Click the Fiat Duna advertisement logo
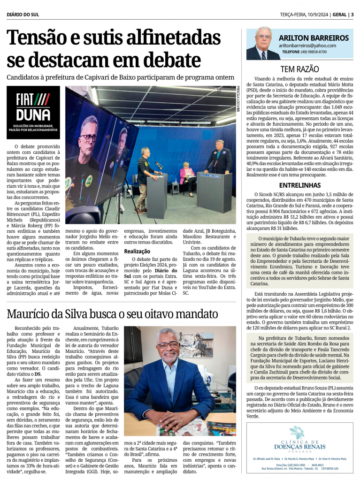[33, 111]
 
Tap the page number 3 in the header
[352, 14]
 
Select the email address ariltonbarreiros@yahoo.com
[307, 46]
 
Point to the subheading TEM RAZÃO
[299, 69]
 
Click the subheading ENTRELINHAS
[299, 185]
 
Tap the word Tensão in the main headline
[41, 37]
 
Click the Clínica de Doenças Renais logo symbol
[297, 432]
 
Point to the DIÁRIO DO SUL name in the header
[23, 15]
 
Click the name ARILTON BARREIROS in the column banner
[314, 38]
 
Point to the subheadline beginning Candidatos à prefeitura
[120, 76]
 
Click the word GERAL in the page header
[339, 14]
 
